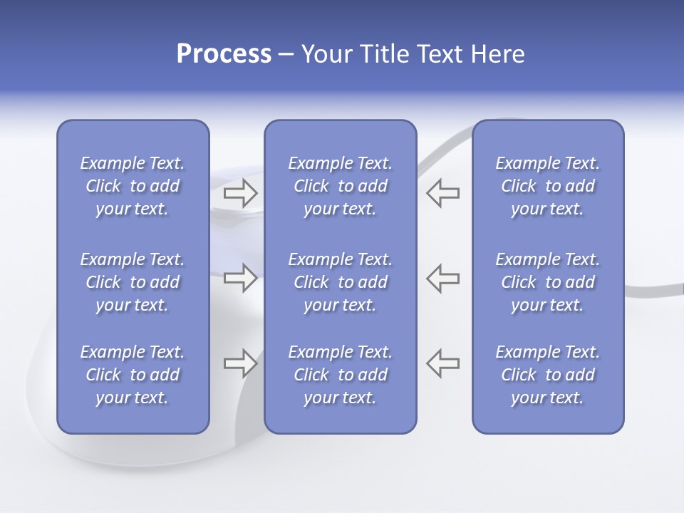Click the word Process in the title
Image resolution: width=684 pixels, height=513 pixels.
224,54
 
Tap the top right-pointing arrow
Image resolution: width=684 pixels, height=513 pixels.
241,192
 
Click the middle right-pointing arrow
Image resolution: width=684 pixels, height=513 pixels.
241,278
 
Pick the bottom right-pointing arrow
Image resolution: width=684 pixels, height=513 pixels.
241,363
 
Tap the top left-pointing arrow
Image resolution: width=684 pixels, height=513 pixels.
443,192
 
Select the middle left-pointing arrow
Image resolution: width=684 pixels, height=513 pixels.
443,278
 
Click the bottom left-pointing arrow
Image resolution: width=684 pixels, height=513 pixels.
443,363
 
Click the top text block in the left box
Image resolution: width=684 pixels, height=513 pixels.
133,186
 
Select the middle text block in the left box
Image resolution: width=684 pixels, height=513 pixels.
133,282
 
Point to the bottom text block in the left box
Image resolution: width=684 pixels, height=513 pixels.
133,375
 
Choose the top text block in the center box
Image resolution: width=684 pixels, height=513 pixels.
340,186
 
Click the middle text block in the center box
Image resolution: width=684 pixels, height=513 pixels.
340,282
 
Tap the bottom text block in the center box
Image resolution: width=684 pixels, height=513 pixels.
340,375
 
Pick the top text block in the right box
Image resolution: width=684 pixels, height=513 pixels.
547,186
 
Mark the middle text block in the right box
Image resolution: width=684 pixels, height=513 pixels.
547,282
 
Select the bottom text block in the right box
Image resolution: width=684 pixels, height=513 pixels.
547,375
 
